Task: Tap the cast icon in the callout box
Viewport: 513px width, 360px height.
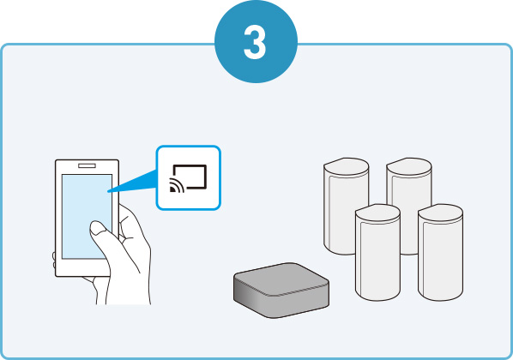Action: (x=188, y=178)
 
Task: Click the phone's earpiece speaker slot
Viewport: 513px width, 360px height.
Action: (x=87, y=165)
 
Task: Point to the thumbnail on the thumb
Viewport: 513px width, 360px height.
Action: (x=97, y=228)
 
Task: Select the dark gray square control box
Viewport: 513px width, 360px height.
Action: (x=281, y=290)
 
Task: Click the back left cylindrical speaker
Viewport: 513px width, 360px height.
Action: (x=346, y=206)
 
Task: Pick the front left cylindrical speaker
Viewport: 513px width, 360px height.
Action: (x=377, y=252)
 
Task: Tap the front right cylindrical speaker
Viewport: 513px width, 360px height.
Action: (x=440, y=252)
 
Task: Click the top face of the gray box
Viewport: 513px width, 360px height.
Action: (x=281, y=279)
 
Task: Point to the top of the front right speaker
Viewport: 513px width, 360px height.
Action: (x=440, y=213)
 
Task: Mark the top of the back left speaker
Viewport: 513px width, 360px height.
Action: (x=346, y=166)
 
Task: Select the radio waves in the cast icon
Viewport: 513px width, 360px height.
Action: (x=177, y=185)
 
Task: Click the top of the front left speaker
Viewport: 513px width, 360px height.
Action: (x=377, y=213)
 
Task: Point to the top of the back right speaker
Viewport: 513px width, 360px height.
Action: (x=409, y=166)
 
